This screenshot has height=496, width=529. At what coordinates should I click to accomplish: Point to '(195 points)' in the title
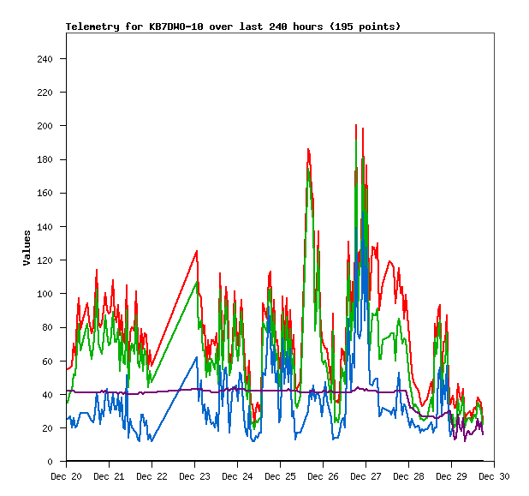click(x=363, y=27)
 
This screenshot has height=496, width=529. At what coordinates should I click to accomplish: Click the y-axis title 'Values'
click(x=27, y=248)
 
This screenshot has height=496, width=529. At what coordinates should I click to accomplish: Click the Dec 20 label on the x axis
click(x=66, y=476)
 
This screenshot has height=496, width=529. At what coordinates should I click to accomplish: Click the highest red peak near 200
click(x=356, y=125)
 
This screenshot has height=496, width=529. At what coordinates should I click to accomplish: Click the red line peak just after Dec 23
click(x=197, y=251)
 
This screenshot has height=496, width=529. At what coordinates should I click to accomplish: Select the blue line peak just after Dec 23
click(x=197, y=357)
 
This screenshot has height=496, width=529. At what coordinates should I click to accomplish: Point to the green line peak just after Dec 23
click(x=198, y=282)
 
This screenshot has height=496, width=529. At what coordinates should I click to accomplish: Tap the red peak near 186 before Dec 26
click(x=308, y=150)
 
